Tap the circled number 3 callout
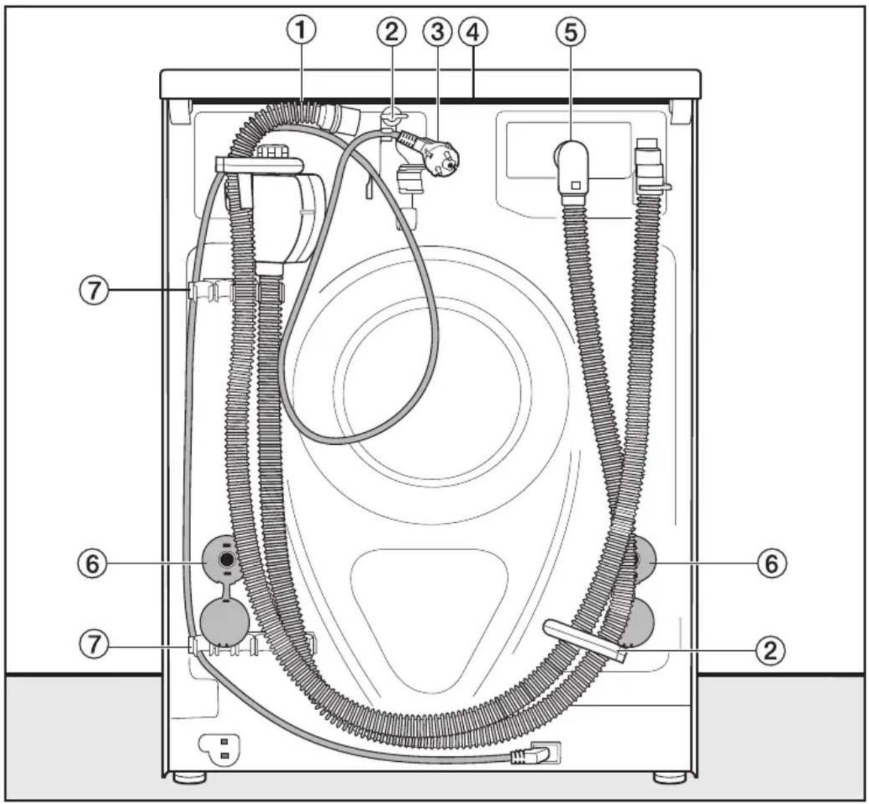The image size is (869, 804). tap(437, 32)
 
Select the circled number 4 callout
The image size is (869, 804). tap(473, 32)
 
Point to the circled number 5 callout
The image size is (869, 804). tap(570, 32)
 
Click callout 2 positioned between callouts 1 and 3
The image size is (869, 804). tap(391, 32)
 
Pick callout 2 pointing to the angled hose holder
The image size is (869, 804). tap(771, 650)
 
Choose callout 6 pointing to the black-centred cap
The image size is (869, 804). tap(93, 564)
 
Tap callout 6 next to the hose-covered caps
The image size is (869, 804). tap(772, 563)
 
